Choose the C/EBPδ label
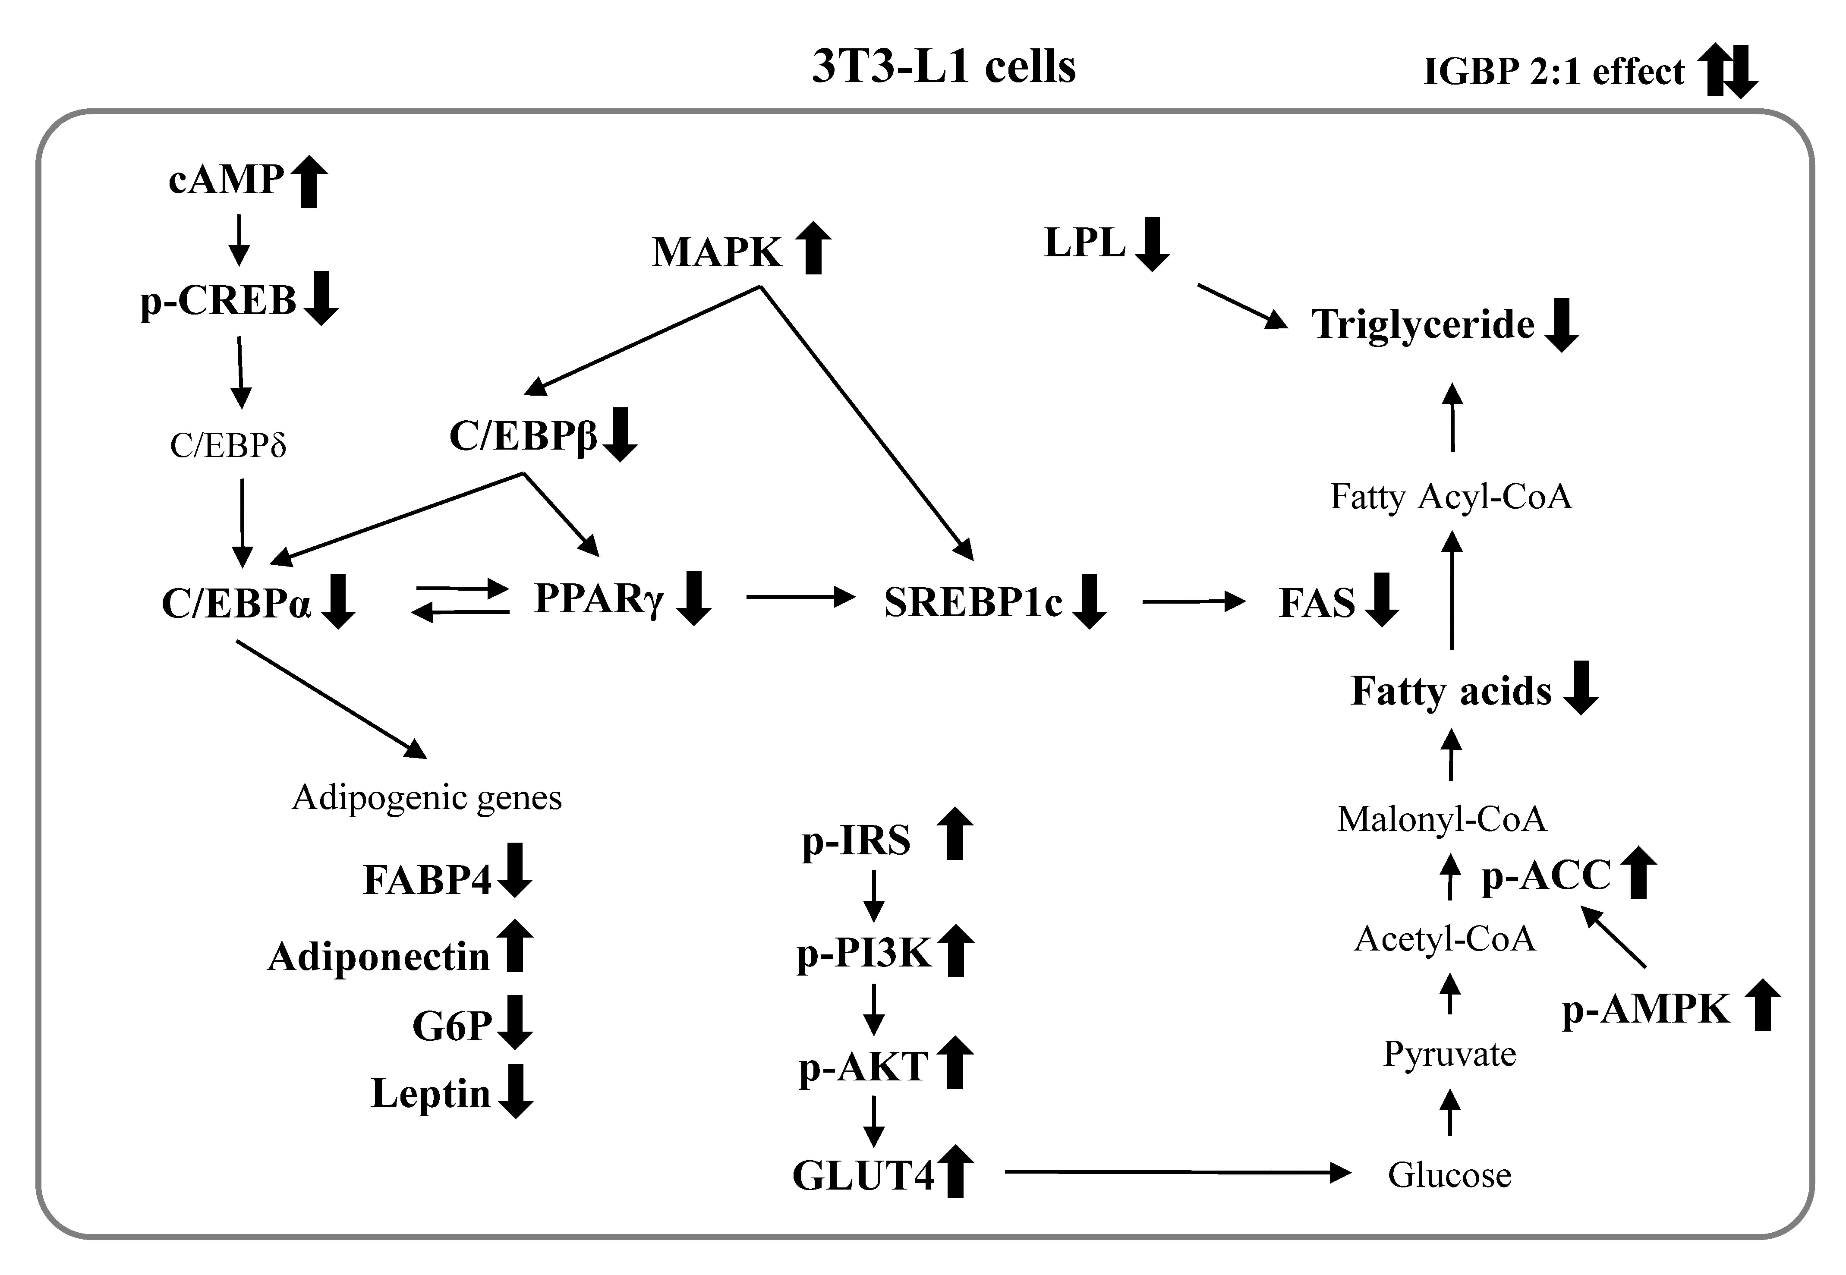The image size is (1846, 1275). click(228, 445)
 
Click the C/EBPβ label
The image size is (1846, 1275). click(523, 436)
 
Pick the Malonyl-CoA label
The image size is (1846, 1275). click(1442, 819)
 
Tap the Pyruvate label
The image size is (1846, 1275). click(1449, 1054)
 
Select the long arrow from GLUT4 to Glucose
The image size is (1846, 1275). click(1177, 1172)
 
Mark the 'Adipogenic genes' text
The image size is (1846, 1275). click(427, 797)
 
